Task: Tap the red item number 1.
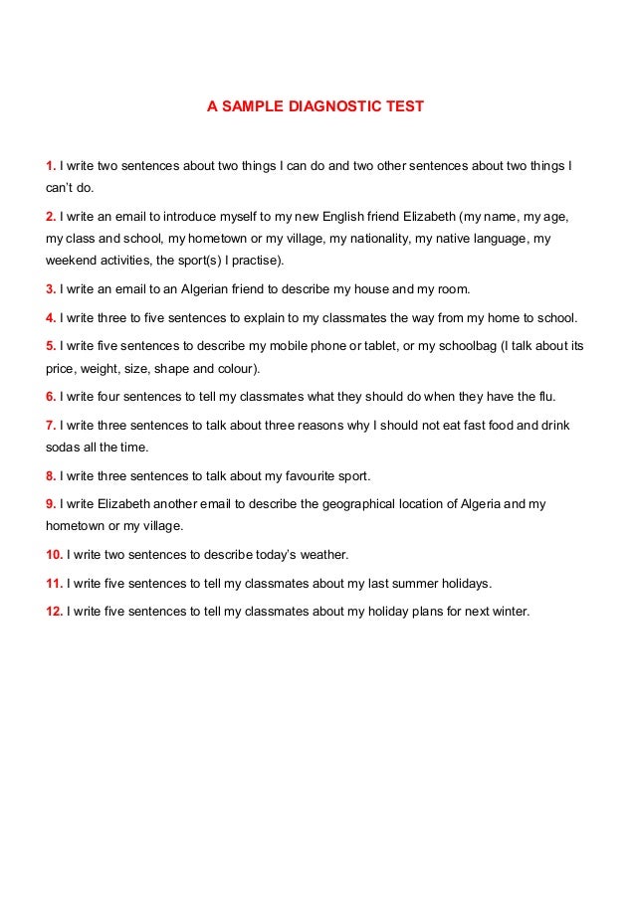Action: (51, 163)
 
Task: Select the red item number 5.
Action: (51, 346)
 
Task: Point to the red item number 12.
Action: (55, 612)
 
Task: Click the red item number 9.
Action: (51, 504)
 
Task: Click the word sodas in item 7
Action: (63, 448)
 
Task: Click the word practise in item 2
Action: (254, 262)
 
